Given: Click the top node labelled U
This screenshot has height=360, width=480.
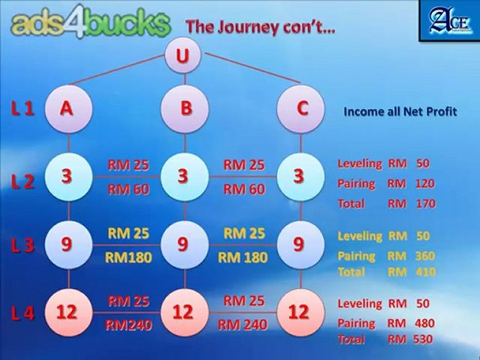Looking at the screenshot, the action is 183,55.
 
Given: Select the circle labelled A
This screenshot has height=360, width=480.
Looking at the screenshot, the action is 69,109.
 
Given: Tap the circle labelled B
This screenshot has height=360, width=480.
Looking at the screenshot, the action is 185,109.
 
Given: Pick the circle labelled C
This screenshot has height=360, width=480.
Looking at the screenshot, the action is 301,109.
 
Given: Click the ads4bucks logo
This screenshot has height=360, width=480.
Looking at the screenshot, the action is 90,22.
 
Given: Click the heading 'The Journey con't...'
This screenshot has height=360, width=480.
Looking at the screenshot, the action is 261,27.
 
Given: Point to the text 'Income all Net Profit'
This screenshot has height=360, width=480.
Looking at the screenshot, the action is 400,111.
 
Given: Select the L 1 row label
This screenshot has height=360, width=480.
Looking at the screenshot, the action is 22,108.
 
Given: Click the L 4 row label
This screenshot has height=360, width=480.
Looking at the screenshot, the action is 22,313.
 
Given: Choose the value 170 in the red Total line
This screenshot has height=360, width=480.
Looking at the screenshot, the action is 426,204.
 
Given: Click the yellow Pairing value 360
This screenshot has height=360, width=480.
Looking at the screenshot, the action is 425,256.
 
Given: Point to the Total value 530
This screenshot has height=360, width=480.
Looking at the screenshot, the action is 423,339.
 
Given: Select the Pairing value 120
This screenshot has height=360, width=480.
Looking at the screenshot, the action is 425,183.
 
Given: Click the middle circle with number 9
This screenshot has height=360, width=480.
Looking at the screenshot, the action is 185,245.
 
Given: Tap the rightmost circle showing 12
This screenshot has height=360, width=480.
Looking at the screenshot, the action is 301,313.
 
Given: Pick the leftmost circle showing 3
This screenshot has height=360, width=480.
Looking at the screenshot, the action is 69,177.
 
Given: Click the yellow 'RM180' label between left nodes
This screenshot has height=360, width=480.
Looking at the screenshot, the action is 128,258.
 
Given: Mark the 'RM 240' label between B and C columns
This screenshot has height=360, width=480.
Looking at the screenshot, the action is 243,325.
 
